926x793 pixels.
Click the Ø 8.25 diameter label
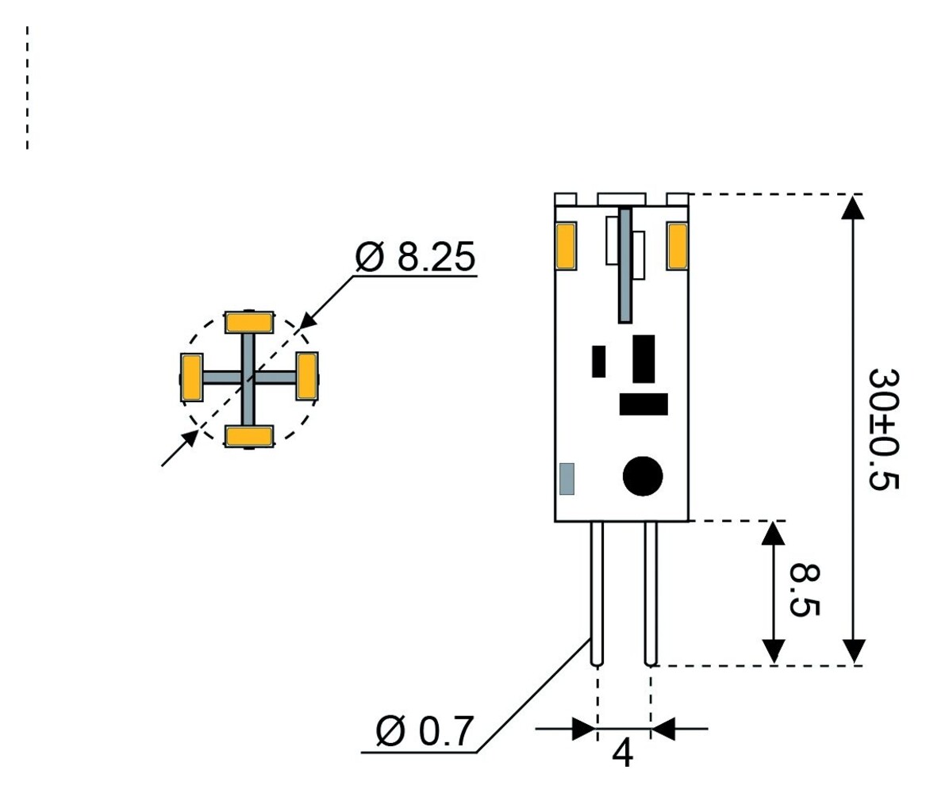click(x=415, y=258)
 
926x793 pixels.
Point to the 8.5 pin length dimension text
click(x=805, y=591)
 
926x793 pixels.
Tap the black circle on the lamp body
click(x=642, y=477)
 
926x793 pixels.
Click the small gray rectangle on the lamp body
click(x=567, y=479)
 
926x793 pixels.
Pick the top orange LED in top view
click(x=249, y=323)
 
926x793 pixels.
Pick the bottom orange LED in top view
click(x=249, y=436)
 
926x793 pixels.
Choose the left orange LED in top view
click(x=191, y=377)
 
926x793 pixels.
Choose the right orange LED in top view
click(x=307, y=377)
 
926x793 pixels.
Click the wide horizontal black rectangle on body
click(x=644, y=404)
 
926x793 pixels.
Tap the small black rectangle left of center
click(x=598, y=362)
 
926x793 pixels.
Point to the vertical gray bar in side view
click(x=625, y=265)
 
